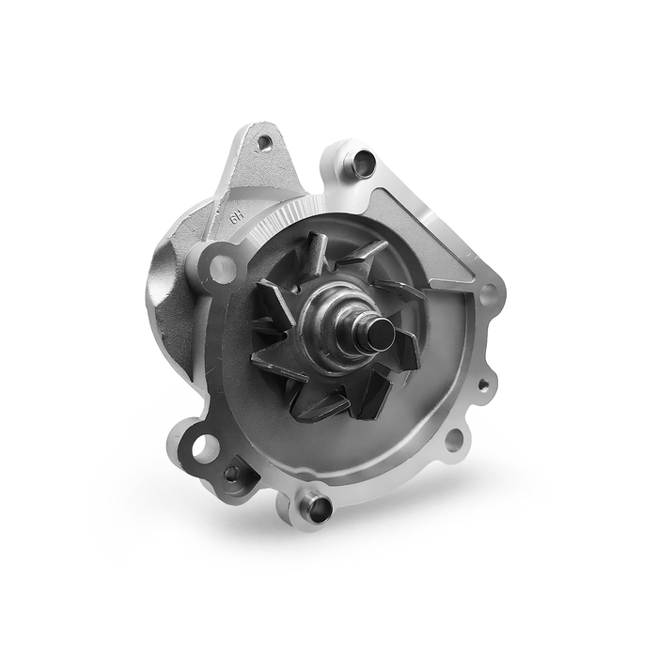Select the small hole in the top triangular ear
264,143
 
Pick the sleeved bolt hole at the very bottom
317,509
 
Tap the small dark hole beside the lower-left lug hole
232,474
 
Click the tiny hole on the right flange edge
483,384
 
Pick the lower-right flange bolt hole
453,438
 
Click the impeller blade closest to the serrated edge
315,254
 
